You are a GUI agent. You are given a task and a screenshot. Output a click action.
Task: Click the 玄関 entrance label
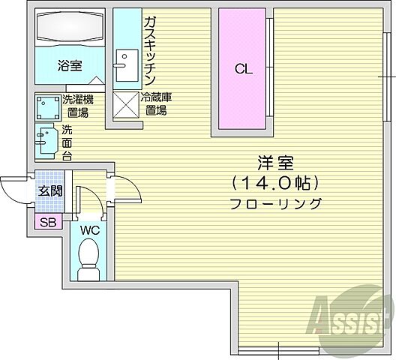coord(51,190)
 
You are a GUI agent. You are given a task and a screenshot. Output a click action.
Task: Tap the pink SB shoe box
coord(47,221)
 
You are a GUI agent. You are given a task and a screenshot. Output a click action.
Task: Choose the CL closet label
coord(242,70)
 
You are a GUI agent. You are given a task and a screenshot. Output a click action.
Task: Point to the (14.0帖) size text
coord(276,183)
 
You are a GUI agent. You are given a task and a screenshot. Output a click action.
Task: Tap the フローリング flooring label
coord(276,203)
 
